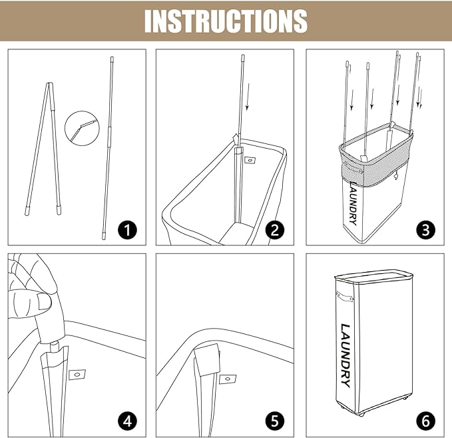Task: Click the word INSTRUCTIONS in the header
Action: point(226,21)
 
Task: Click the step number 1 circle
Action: point(127,230)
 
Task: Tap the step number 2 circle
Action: point(275,230)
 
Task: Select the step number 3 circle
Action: point(426,230)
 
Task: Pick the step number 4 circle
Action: point(127,421)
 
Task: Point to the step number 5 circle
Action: point(275,421)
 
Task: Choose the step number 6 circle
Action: point(426,421)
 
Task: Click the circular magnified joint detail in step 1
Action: point(82,127)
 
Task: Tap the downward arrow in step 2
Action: point(248,97)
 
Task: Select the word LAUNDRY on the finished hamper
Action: point(345,355)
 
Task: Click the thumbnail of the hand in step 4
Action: point(45,302)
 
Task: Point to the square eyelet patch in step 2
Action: point(250,160)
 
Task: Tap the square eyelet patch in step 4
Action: point(77,375)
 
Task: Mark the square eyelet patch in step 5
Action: point(228,379)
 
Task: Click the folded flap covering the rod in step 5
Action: point(207,360)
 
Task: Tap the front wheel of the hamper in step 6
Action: point(361,414)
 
